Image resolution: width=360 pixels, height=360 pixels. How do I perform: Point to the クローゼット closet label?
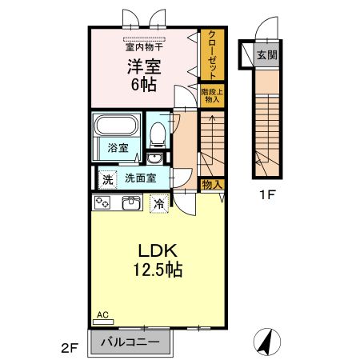point(212,55)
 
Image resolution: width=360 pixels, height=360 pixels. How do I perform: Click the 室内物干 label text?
point(145,46)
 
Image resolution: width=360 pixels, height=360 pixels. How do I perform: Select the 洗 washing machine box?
point(106,178)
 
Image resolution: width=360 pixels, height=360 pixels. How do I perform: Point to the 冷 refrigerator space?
point(160,203)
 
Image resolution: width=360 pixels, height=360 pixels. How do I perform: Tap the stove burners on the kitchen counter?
point(102,203)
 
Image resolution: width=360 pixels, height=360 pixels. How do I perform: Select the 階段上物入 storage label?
point(212,96)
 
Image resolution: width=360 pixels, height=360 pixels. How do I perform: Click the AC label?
point(102,314)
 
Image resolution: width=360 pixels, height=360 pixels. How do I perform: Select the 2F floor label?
point(70,348)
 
